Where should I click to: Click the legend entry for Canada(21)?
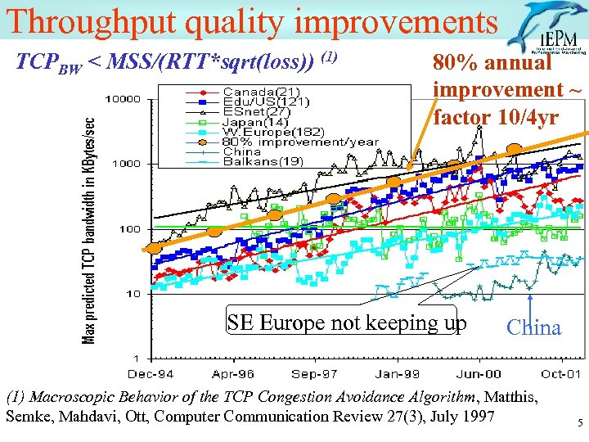click(261, 91)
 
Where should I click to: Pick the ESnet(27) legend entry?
click(257, 111)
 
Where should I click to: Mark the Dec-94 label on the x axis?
click(151, 373)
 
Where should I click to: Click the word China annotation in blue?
click(533, 328)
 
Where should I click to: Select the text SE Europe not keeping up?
click(347, 322)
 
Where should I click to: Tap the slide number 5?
click(578, 424)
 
